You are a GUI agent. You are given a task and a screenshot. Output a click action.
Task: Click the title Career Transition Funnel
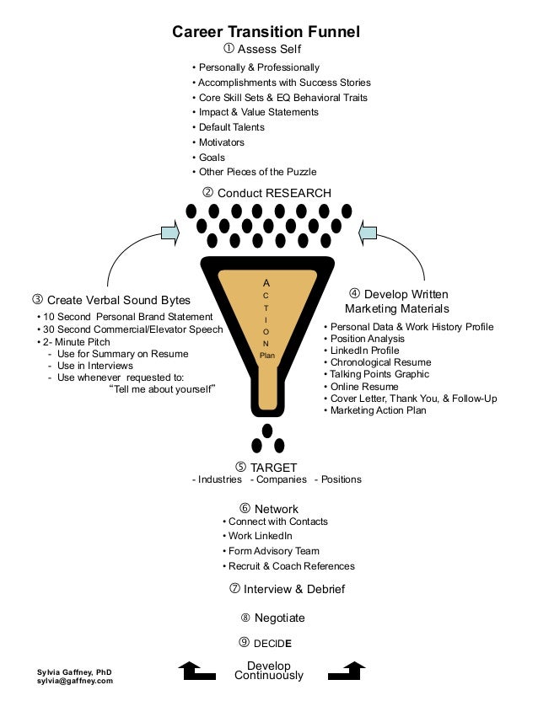[266, 32]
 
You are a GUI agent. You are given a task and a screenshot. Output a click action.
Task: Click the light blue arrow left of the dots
[169, 232]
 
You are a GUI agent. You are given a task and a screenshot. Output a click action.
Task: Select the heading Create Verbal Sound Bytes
[111, 300]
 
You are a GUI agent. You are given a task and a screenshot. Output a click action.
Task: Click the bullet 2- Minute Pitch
[76, 343]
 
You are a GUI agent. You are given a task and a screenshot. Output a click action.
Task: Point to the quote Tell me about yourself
[164, 388]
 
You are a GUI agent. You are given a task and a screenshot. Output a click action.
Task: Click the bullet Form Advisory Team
[265, 551]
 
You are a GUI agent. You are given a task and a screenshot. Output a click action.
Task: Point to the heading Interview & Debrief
[287, 589]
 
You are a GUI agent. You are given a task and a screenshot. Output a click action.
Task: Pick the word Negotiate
[279, 618]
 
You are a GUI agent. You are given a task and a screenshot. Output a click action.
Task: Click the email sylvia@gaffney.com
[74, 681]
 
